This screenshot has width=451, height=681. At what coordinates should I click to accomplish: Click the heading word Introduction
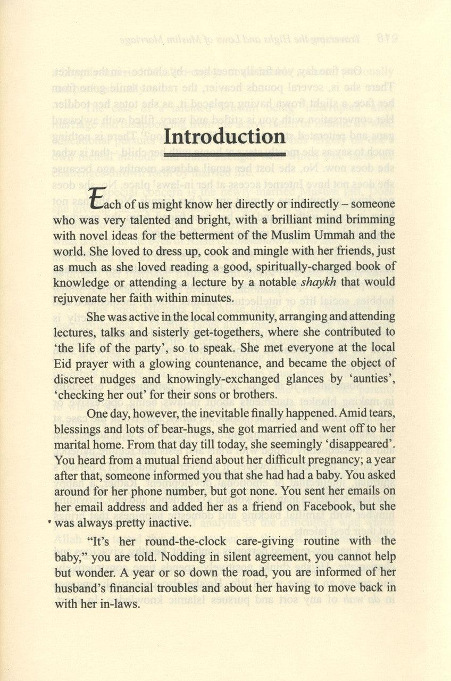224,137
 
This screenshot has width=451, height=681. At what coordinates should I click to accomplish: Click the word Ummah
348,235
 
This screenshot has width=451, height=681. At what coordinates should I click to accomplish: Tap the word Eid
63,363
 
